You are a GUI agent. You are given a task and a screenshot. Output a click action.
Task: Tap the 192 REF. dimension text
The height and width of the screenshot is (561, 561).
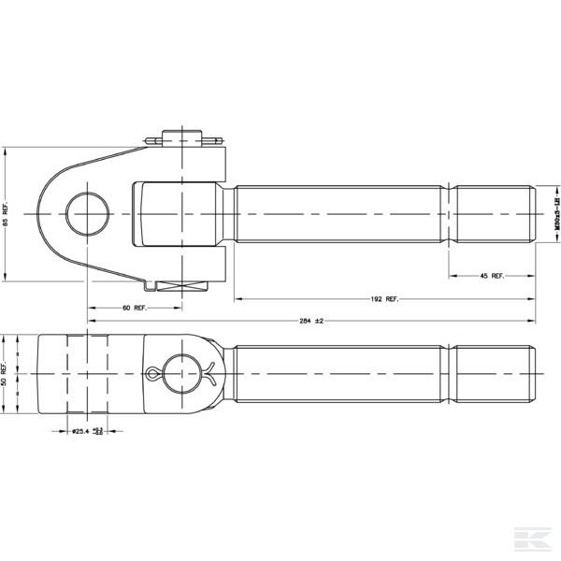tap(383, 299)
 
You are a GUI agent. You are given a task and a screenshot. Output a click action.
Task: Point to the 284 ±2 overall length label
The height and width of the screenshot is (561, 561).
tap(311, 321)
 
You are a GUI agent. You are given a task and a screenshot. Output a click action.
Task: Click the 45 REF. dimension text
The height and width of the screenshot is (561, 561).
tap(491, 276)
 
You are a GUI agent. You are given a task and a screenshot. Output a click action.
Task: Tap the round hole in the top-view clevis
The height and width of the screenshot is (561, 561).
tap(86, 212)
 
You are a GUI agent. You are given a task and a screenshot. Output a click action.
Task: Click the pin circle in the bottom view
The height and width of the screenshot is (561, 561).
tap(181, 374)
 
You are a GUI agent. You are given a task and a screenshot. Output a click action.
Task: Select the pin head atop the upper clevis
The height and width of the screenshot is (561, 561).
tap(183, 137)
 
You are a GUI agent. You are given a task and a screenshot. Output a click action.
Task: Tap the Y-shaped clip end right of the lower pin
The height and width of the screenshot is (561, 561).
tap(213, 374)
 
